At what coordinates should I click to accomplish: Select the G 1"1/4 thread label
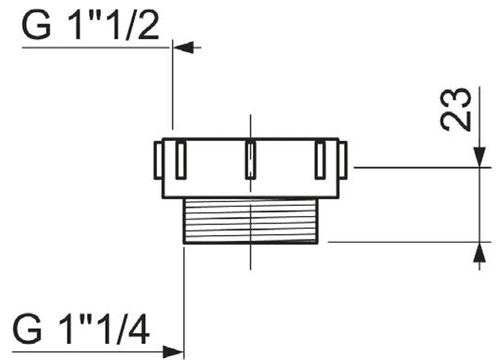[81, 330]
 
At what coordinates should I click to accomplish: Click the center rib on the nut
[250, 160]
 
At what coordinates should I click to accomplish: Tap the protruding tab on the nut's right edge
[343, 160]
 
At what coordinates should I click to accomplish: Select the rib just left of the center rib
[181, 160]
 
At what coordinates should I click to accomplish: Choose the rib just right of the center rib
[320, 160]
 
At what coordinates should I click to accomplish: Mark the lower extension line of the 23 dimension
[403, 242]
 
